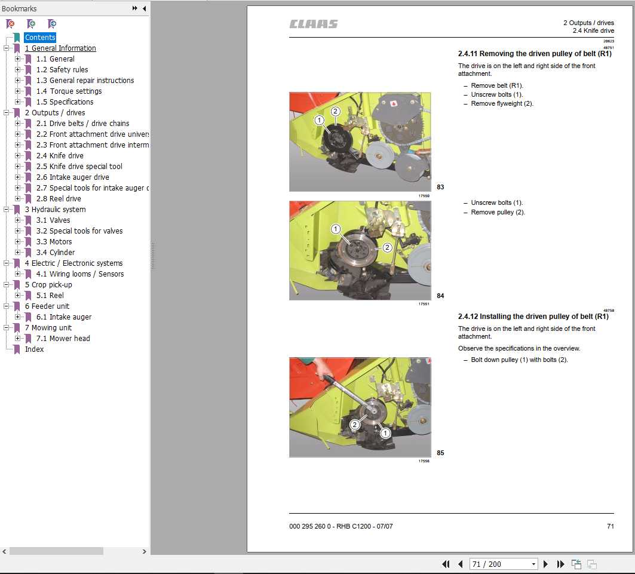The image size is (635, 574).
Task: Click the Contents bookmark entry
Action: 40,38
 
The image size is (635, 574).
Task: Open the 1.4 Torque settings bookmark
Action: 69,91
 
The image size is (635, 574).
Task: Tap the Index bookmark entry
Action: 34,349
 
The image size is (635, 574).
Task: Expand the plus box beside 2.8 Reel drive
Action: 18,199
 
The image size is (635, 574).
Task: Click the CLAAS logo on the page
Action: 314,24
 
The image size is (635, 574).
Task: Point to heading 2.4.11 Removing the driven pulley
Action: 535,54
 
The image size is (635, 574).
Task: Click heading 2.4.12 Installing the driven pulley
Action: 533,317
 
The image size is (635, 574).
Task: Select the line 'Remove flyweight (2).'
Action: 502,103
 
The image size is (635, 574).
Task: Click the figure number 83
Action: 440,187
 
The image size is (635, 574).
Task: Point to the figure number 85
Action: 440,453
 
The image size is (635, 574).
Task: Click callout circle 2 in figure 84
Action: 387,247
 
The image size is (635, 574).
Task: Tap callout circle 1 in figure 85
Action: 385,432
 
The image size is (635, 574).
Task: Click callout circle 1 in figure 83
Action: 320,120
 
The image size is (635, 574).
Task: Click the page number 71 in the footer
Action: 610,526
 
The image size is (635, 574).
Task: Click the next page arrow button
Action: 545,564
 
